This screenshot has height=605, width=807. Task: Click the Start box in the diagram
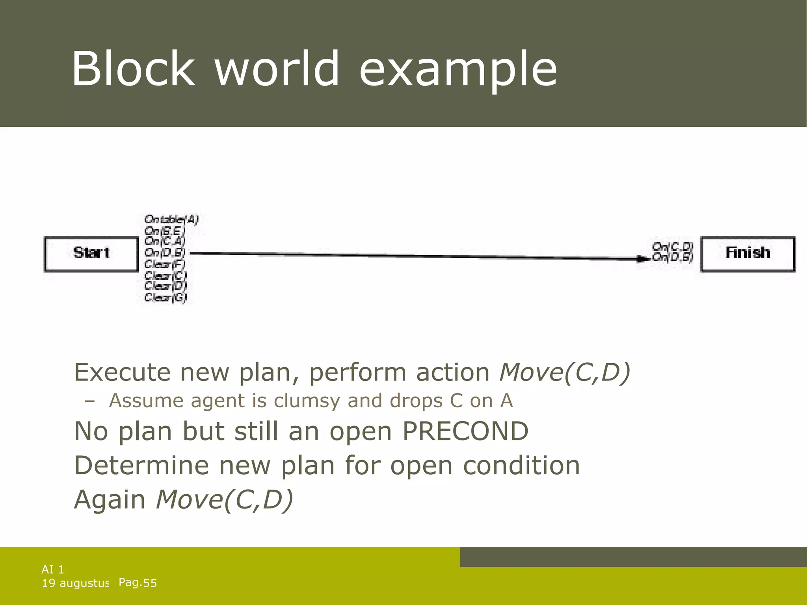[91, 254]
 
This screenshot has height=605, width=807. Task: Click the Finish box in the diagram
[747, 254]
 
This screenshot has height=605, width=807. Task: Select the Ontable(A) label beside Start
[171, 219]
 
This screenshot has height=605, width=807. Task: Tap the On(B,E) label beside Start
[165, 230]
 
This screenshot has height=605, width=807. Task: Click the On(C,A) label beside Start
[165, 241]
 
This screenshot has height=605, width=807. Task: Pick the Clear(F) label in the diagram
[165, 264]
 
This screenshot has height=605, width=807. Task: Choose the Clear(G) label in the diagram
[165, 297]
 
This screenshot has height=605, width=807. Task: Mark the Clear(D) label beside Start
[165, 286]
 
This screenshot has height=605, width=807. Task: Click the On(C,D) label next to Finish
[672, 247]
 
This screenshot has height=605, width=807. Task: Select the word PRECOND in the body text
[465, 431]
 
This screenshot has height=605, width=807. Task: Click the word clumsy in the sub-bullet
[307, 401]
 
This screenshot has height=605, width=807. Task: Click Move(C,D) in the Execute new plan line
[565, 372]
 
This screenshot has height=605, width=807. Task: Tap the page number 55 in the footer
[150, 583]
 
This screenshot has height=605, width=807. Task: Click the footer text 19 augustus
[75, 583]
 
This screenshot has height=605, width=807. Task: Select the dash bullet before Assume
[90, 401]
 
